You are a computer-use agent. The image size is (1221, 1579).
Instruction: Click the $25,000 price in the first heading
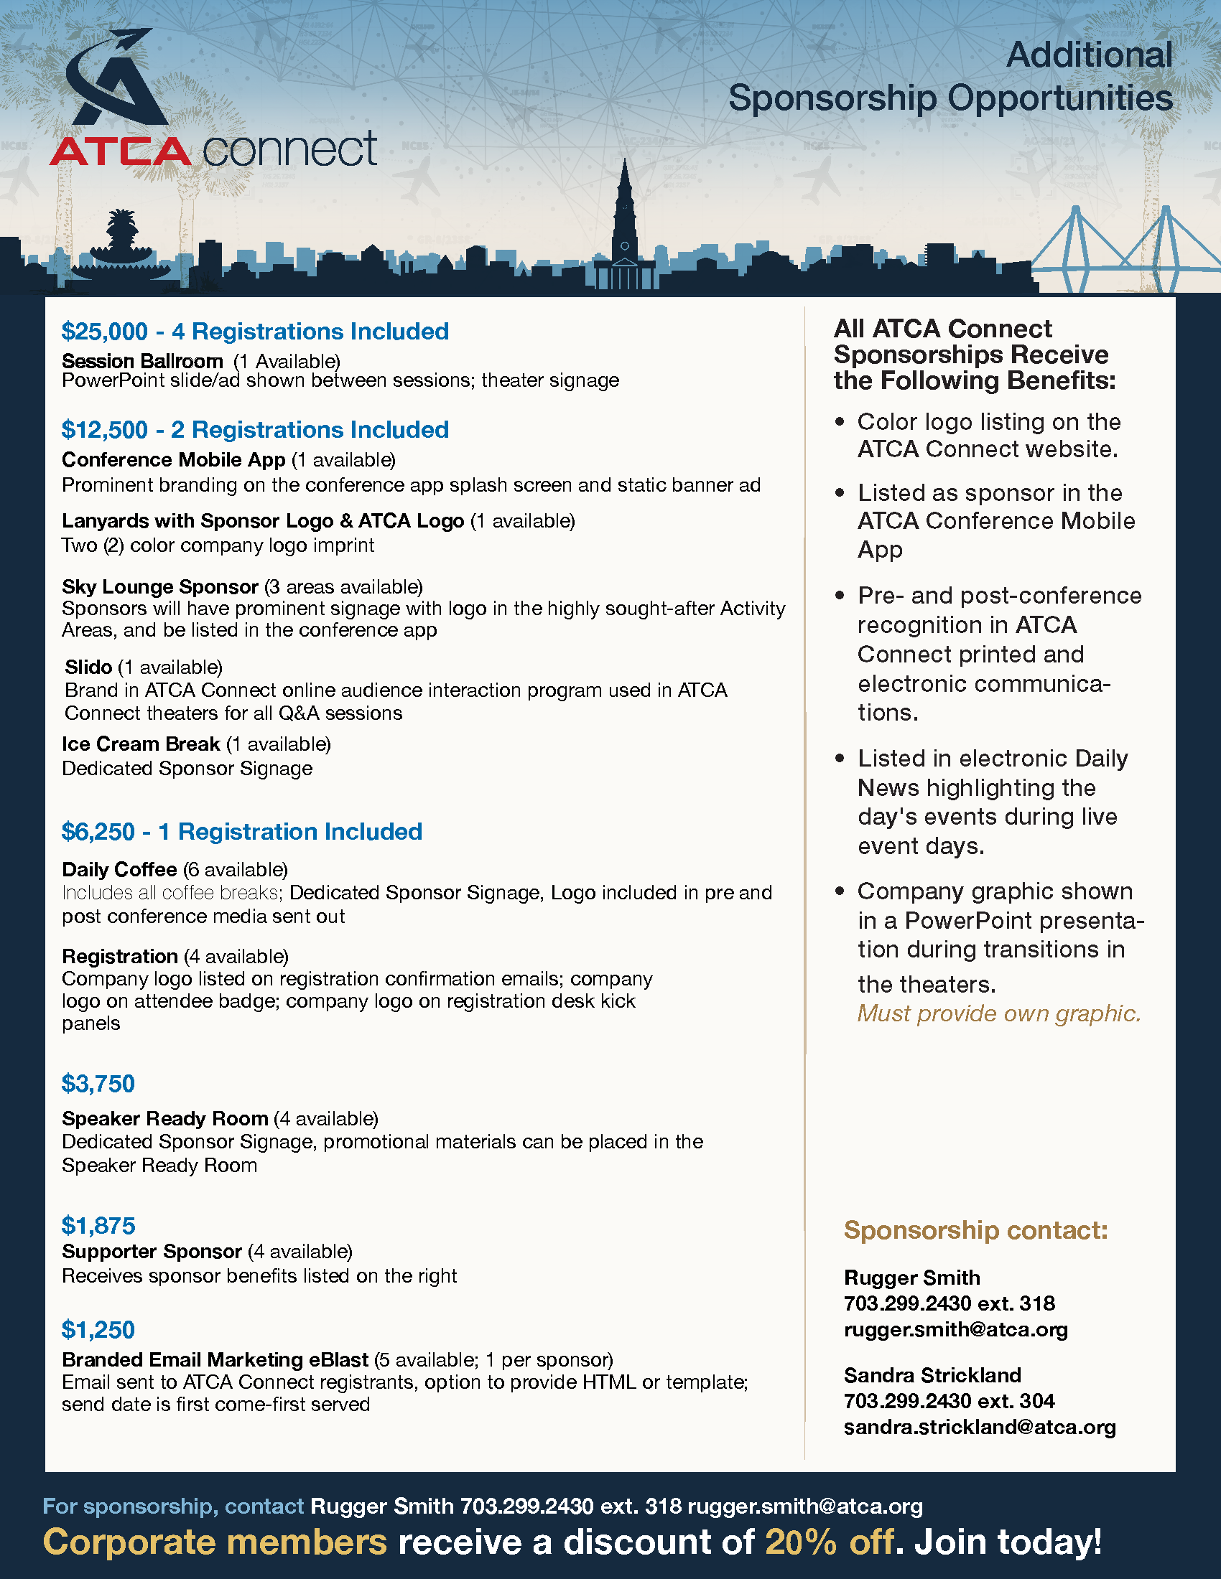tap(104, 332)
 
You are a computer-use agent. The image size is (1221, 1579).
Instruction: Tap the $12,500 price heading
tap(104, 430)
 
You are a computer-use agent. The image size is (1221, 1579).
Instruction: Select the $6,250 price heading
tap(98, 832)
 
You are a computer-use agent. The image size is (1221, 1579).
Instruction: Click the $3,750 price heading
tap(98, 1084)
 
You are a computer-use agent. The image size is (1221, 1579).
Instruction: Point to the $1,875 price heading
tap(98, 1225)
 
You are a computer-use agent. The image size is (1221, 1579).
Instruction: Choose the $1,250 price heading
tap(98, 1329)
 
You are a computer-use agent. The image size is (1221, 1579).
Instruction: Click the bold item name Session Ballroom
tap(141, 361)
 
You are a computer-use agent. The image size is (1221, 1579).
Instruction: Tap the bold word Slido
tap(88, 667)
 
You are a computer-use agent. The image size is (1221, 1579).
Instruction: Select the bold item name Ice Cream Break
tap(140, 744)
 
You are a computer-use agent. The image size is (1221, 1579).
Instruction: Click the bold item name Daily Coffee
tap(119, 869)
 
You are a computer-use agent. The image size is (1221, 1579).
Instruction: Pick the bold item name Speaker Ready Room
tap(165, 1118)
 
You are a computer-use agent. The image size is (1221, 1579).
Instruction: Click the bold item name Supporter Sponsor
tap(151, 1252)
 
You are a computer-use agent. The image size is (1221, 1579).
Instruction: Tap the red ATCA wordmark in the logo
tap(120, 151)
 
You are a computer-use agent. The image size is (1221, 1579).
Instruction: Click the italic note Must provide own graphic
tap(998, 1013)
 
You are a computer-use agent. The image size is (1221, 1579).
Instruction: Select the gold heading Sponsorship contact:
tap(975, 1229)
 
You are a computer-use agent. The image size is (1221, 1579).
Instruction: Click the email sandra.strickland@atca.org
tap(980, 1427)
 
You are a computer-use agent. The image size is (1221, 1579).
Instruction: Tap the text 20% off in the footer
tap(829, 1542)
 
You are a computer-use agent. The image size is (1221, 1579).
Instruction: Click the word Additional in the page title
tap(1089, 56)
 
